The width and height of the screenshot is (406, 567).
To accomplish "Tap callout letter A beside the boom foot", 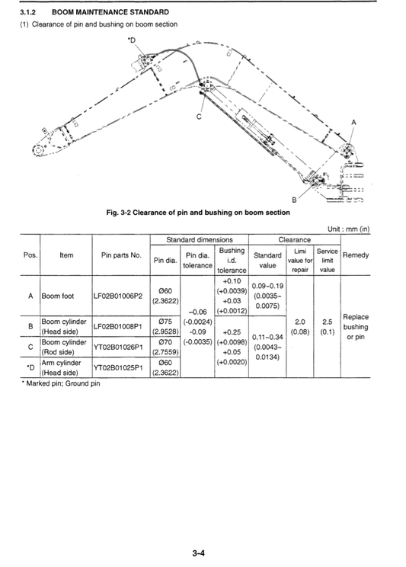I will [x=353, y=122].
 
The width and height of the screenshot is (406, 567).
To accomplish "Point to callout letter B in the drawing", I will [x=293, y=199].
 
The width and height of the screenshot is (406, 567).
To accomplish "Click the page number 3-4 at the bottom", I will [x=200, y=554].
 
